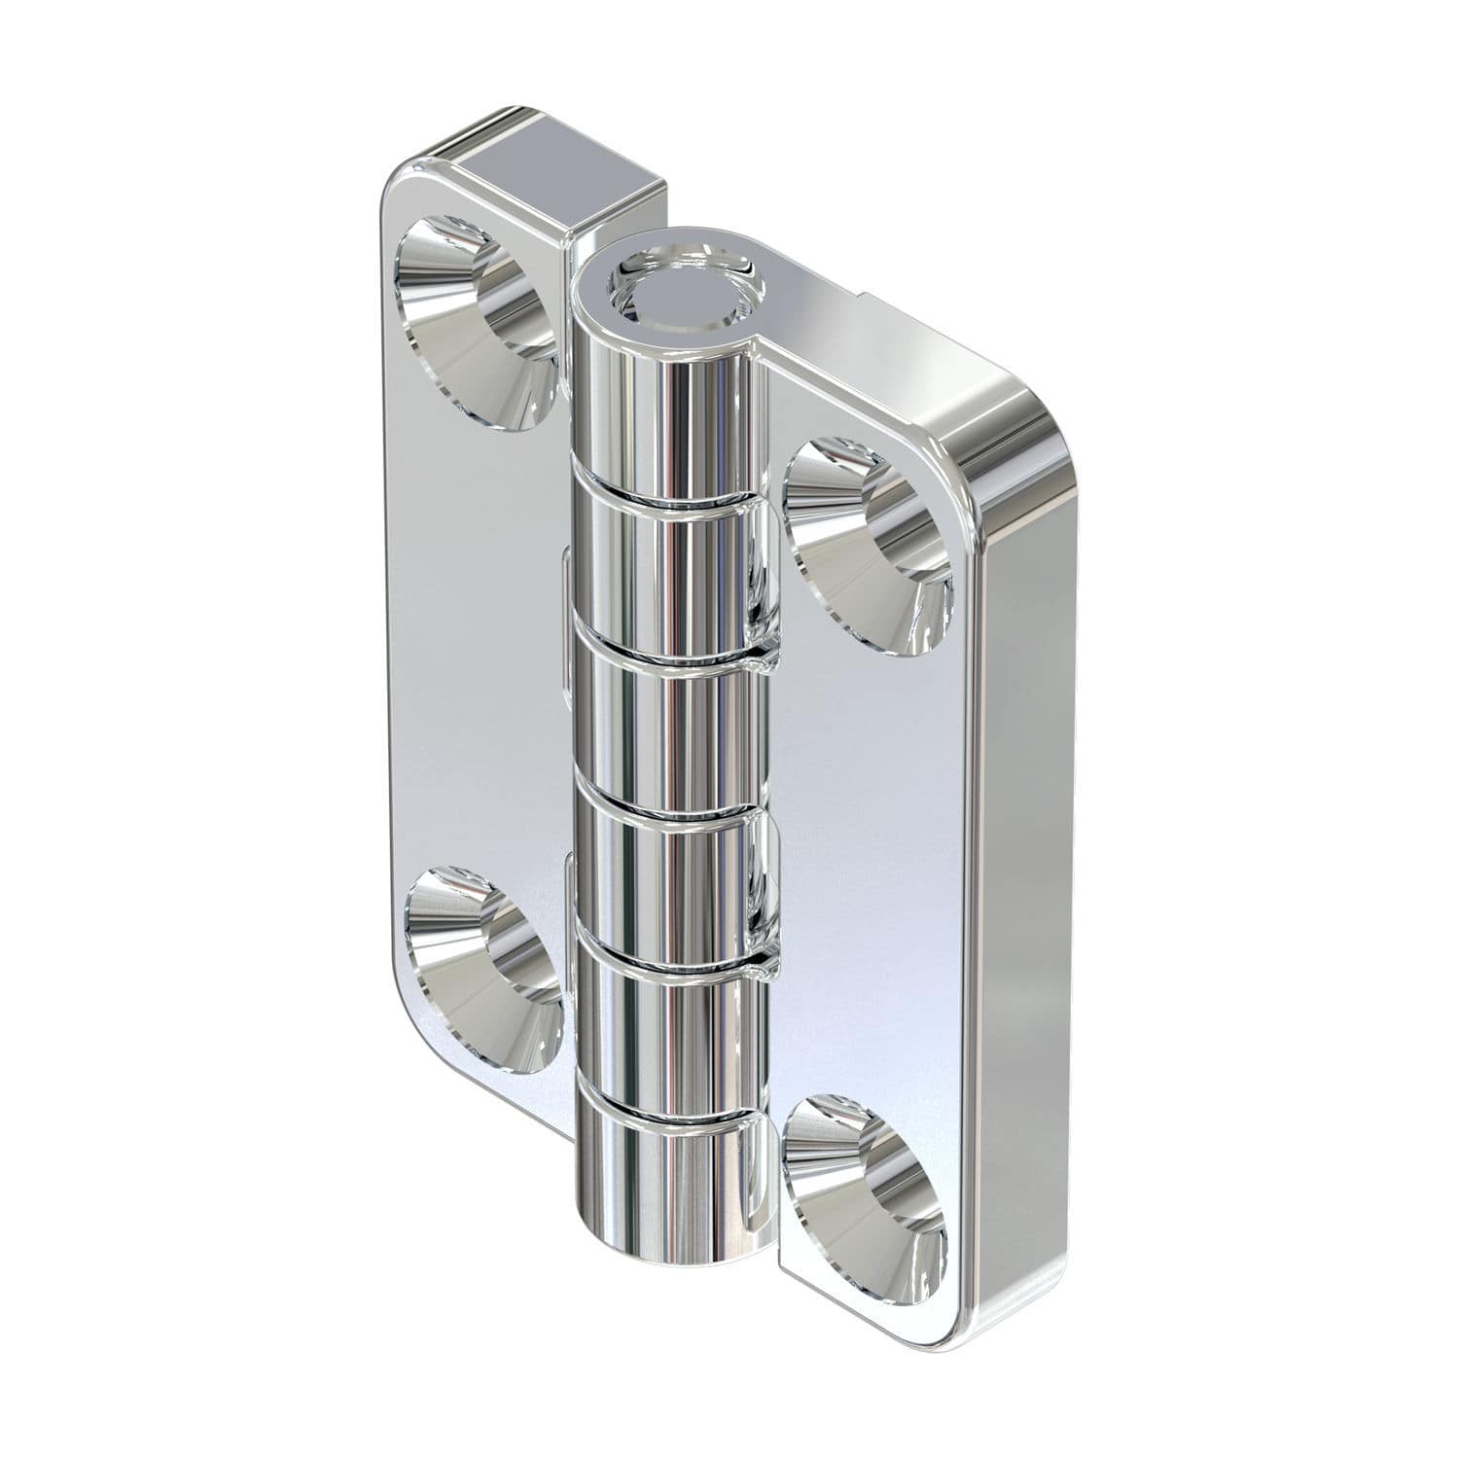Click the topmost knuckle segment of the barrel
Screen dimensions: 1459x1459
671,399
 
